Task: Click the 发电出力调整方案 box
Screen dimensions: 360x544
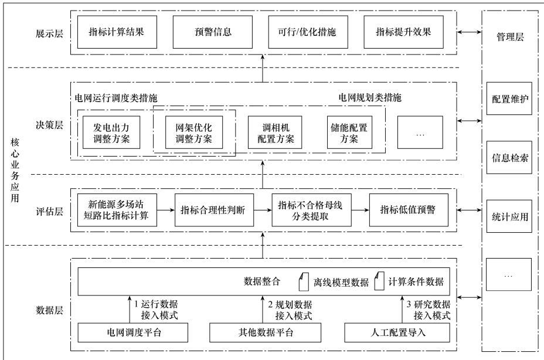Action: click(111, 133)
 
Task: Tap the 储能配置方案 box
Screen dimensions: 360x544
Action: click(350, 133)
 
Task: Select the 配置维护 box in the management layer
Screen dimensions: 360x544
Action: click(508, 98)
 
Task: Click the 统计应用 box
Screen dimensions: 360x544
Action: click(508, 216)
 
